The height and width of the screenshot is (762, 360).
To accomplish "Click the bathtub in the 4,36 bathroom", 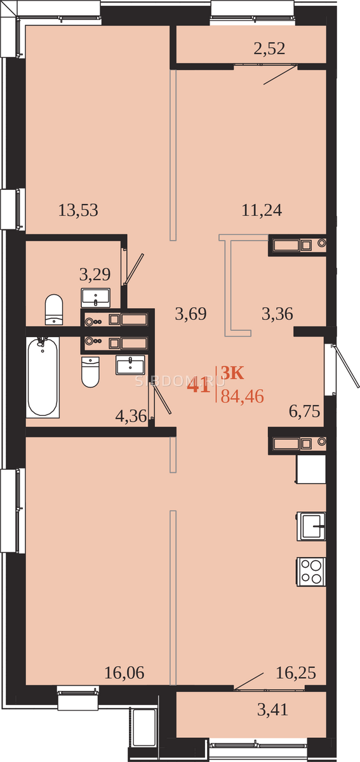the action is pyautogui.click(x=43, y=377).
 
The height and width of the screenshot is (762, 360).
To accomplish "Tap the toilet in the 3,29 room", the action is pyautogui.click(x=54, y=310).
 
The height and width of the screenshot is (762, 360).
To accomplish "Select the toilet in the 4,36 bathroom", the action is pyautogui.click(x=90, y=372).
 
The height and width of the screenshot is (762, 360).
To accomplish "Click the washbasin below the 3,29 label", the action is pyautogui.click(x=96, y=298).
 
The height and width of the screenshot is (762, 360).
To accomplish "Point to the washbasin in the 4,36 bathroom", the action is pyautogui.click(x=130, y=365).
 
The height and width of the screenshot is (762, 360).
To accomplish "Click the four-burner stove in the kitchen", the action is pyautogui.click(x=311, y=571).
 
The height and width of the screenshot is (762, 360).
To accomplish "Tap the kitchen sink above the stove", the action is pyautogui.click(x=311, y=526).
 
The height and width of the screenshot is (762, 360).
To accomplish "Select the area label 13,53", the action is pyautogui.click(x=78, y=210).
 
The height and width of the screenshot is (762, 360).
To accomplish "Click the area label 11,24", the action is pyautogui.click(x=262, y=210).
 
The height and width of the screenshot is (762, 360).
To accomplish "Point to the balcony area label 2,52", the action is pyautogui.click(x=269, y=49).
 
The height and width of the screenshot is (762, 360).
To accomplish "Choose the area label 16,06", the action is pyautogui.click(x=124, y=673).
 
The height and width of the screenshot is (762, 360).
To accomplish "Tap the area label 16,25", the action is pyautogui.click(x=296, y=673).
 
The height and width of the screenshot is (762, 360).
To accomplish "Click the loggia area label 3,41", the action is pyautogui.click(x=272, y=710).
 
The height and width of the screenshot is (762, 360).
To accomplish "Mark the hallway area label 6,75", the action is pyautogui.click(x=305, y=411).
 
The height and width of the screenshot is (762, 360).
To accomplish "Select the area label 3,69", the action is pyautogui.click(x=190, y=314).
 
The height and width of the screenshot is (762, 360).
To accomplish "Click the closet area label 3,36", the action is pyautogui.click(x=277, y=314).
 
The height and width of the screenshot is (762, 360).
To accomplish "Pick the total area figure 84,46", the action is pyautogui.click(x=243, y=396).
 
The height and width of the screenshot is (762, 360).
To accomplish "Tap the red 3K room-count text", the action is pyautogui.click(x=233, y=373).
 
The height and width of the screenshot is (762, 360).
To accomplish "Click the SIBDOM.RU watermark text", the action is pyautogui.click(x=180, y=382).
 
